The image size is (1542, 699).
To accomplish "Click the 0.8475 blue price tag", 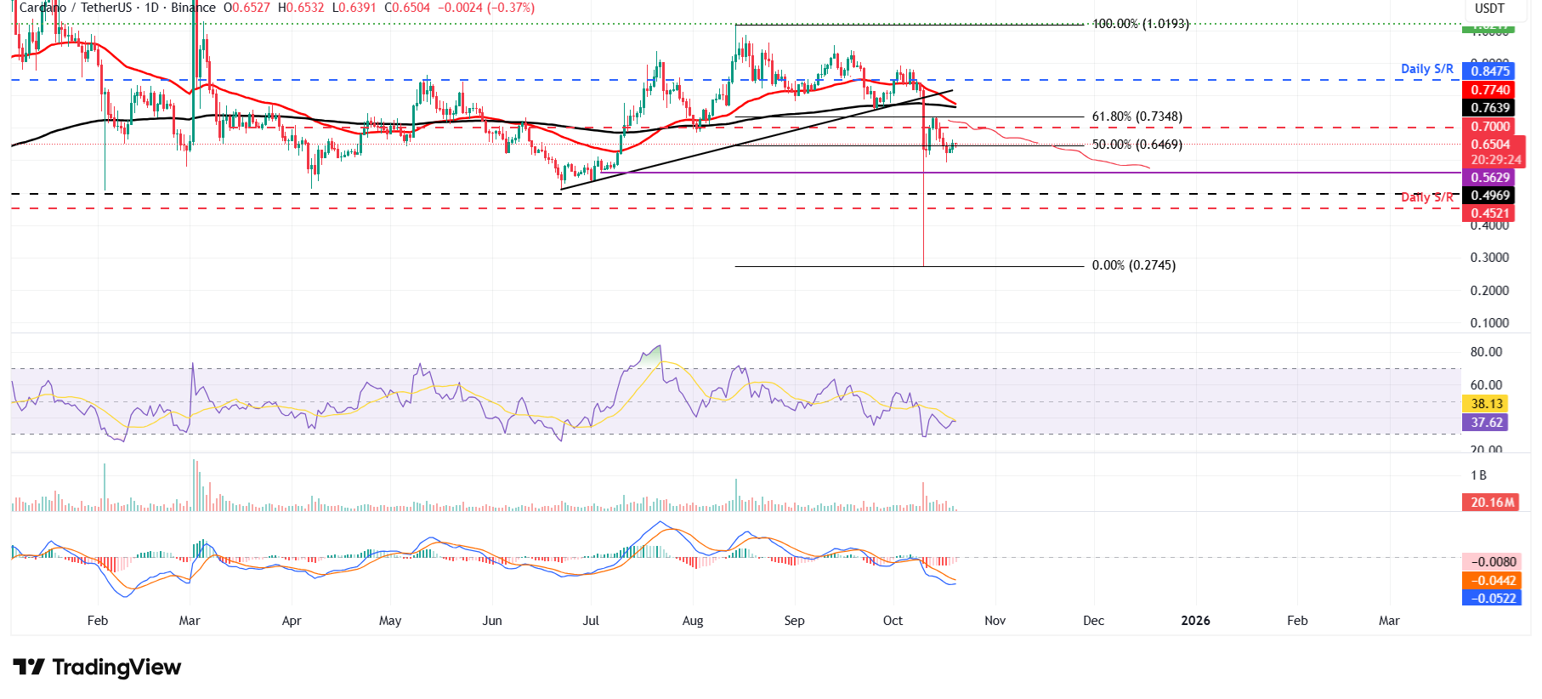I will coord(1490,71).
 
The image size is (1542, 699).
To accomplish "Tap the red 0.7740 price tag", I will coord(1490,90).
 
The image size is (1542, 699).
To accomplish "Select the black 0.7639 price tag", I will coord(1490,108).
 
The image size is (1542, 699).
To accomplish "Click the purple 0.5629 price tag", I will coord(1490,178).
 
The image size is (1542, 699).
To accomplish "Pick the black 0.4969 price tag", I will coord(1490,196).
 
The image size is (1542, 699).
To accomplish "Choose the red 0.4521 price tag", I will coord(1490,213).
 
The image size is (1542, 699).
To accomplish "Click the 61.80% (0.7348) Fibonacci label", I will coord(1137,116).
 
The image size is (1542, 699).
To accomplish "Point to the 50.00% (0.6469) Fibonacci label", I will coord(1137,145).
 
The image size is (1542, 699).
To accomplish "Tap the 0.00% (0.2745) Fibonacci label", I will coord(1133,265).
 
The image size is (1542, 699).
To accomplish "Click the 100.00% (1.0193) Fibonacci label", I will coord(1140,24).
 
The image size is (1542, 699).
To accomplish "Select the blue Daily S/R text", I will coord(1426,69).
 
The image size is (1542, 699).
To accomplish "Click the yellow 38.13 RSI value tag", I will coord(1487,404).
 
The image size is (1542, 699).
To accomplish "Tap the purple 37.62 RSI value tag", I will coord(1487,423).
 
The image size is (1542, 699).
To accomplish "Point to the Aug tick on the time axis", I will coord(693,621).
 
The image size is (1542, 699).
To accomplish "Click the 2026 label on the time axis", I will coord(1195,621).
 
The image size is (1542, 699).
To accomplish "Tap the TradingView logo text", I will coord(116,668).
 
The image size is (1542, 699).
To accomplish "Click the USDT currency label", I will coord(1489,9).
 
